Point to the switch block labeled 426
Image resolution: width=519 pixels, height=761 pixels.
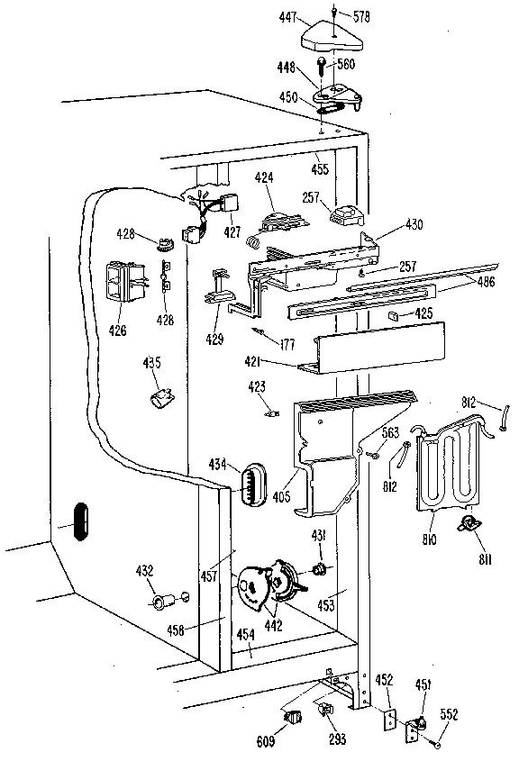tap(123, 280)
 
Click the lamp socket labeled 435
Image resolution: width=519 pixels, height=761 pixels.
tap(162, 396)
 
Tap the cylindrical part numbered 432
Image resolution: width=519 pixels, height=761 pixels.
tap(165, 601)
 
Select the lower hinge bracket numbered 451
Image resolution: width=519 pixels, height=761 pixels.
tap(419, 720)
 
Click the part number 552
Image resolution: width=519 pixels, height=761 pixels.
tap(448, 715)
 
